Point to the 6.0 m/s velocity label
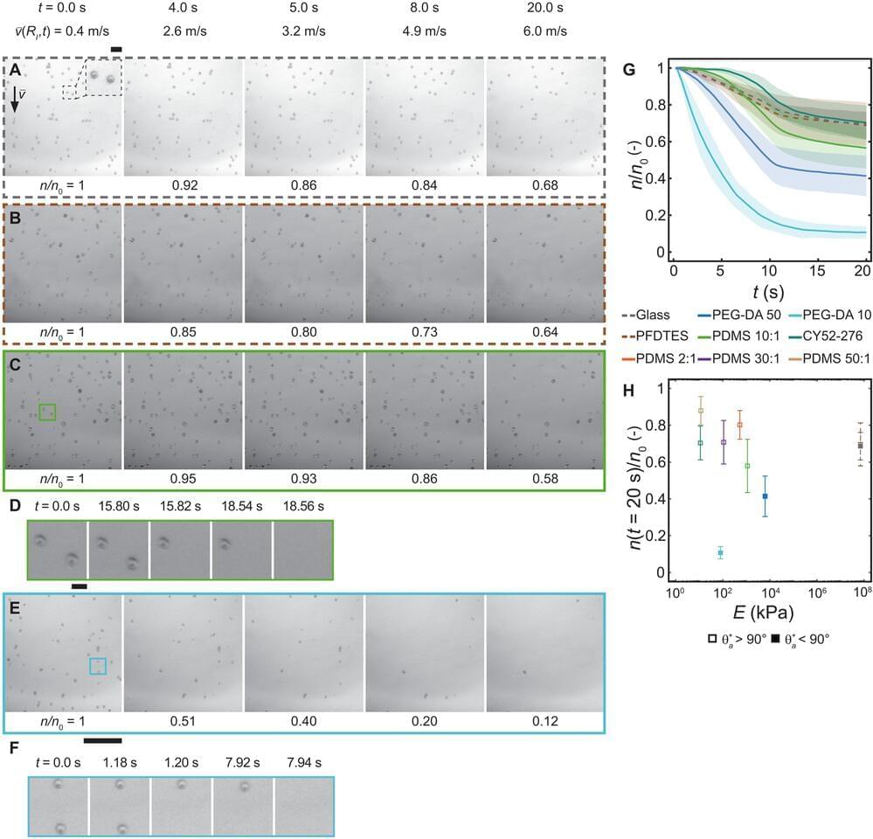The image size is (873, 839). coord(547,31)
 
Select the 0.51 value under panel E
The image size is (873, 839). coord(184,723)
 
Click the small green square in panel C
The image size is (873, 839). coord(47,412)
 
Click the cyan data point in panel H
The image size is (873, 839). coord(720,552)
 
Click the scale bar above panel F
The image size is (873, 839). coord(102,741)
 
